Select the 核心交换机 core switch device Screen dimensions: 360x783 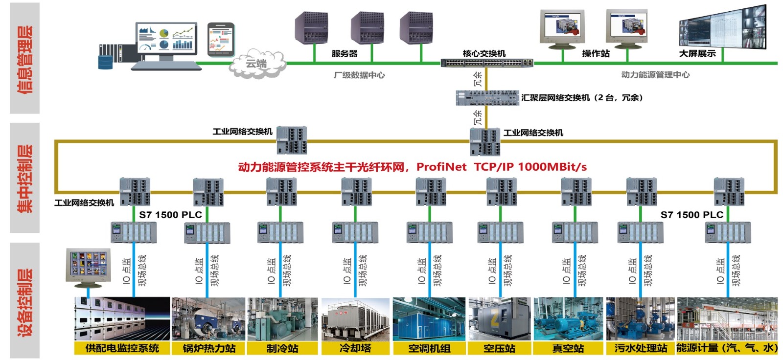tap(486, 63)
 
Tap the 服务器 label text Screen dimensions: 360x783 tap(345, 53)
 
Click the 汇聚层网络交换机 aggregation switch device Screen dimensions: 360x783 tap(487, 97)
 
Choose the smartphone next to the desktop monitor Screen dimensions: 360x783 tap(221, 39)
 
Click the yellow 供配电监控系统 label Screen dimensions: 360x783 tap(122, 348)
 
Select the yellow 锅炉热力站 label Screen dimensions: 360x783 tap(209, 348)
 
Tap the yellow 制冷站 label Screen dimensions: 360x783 tap(282, 348)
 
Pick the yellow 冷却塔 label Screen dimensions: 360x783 tap(355, 348)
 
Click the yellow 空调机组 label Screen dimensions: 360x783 tap(429, 348)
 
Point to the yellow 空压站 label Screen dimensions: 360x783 tap(499, 348)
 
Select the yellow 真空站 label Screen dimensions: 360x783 tap(568, 348)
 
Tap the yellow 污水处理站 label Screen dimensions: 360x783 tap(641, 348)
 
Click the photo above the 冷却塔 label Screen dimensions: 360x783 tap(355, 319)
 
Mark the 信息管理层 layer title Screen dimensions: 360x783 tap(25, 59)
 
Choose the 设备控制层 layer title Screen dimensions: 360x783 tap(25, 301)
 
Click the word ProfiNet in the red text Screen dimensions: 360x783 tap(441, 167)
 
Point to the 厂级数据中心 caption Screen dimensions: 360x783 tap(359, 75)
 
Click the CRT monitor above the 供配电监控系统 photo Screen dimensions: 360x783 tap(88, 266)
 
